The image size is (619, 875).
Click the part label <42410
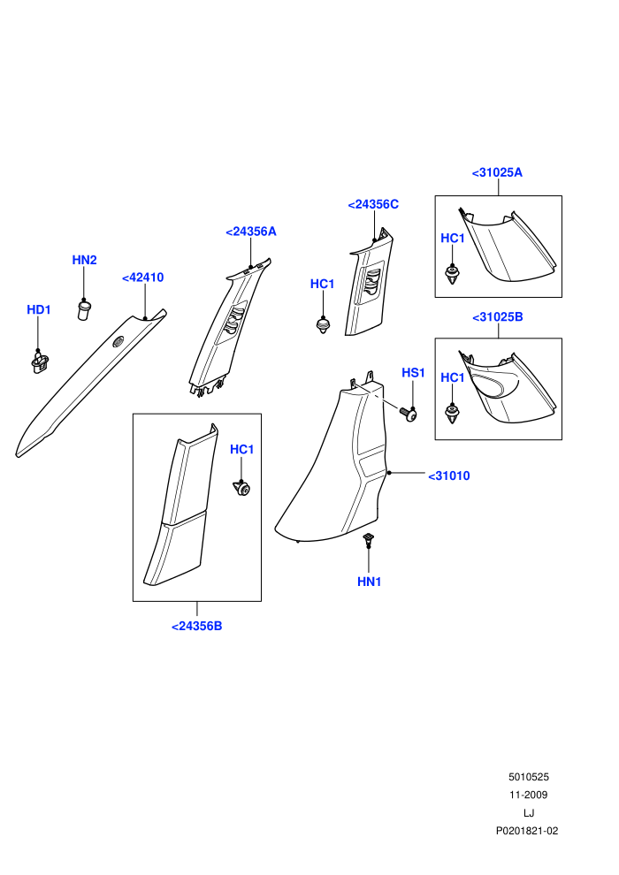(143, 278)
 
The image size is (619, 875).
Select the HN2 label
(84, 260)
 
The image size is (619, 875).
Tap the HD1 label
(39, 309)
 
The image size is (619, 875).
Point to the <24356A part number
(250, 232)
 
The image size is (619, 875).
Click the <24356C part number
(373, 204)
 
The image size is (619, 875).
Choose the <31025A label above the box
(497, 172)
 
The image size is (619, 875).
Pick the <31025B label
(498, 317)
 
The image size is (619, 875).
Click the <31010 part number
(449, 476)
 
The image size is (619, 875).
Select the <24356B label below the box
(197, 626)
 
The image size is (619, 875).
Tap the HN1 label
(369, 582)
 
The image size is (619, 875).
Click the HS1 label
(414, 373)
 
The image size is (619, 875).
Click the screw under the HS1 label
(408, 414)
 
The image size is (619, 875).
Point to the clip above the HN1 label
(368, 539)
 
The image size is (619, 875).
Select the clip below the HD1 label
(40, 361)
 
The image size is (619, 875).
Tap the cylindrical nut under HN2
(84, 309)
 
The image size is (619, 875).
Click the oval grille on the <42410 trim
(118, 342)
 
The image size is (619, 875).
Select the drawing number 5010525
(529, 777)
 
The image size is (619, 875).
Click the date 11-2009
(529, 795)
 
